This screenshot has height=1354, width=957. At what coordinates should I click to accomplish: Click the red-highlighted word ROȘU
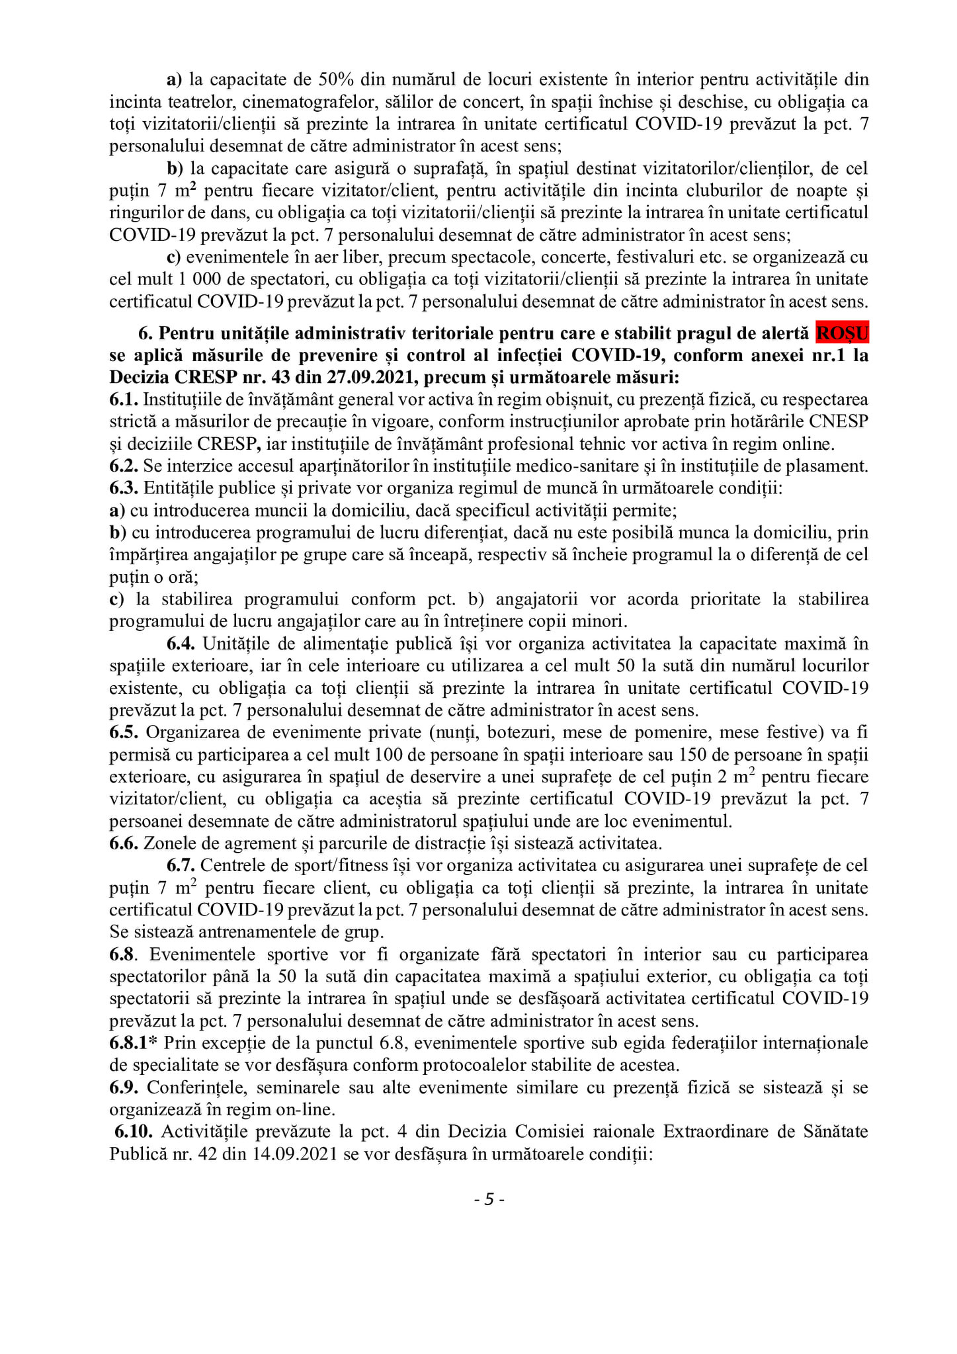pos(841,333)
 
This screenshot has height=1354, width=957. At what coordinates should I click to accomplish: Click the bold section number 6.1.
pos(124,400)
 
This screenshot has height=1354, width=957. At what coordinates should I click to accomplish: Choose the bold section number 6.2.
pos(124,466)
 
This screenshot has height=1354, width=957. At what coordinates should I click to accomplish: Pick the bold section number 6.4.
pos(181,644)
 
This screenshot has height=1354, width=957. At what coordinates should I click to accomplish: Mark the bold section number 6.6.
pos(124,843)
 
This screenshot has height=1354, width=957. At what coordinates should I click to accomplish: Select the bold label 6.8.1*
pos(134,1043)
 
